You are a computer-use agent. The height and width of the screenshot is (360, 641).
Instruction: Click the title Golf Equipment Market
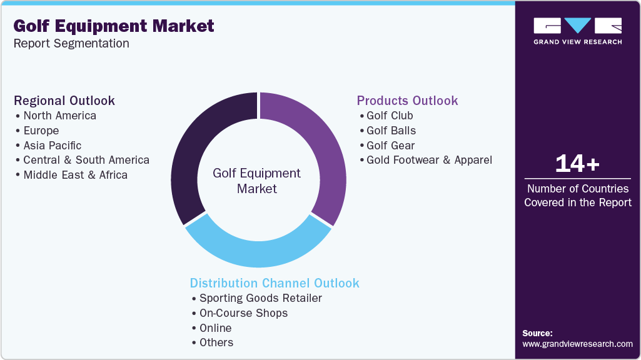tap(114, 26)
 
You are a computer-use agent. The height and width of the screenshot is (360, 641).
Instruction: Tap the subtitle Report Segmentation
tap(71, 44)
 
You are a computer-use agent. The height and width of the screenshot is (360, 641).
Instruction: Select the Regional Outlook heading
tap(64, 101)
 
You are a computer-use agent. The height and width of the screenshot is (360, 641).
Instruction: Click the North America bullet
tap(59, 116)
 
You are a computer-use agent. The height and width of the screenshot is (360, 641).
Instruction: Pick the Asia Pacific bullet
tap(52, 145)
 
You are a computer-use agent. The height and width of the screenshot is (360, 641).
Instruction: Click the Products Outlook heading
tap(407, 101)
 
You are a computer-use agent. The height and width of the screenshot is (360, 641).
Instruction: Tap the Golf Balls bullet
tap(391, 131)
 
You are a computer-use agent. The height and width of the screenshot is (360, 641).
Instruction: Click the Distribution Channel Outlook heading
tap(275, 283)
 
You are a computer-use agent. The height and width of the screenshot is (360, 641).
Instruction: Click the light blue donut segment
tap(256, 247)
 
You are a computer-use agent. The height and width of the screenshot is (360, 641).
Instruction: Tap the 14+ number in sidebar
tap(577, 164)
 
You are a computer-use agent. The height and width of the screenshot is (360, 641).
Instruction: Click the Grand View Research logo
tap(577, 31)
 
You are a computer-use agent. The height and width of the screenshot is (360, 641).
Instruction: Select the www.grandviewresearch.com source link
tap(577, 344)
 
